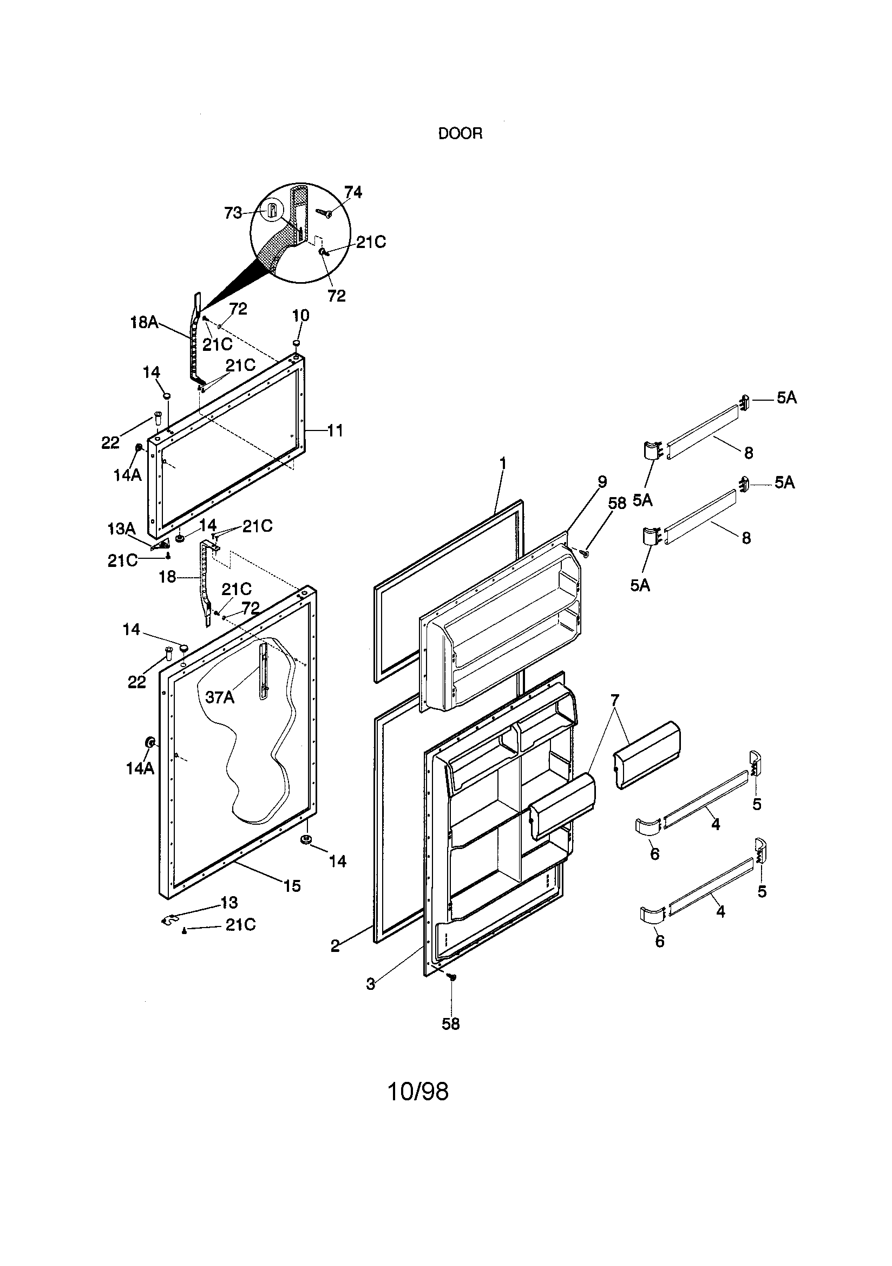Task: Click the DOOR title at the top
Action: coord(460,134)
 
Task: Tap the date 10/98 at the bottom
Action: coord(418,1091)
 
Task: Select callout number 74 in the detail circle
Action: coord(353,192)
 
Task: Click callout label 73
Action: coord(233,213)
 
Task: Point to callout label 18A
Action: coord(144,322)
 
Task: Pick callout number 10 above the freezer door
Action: coord(300,315)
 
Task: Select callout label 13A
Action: coord(121,529)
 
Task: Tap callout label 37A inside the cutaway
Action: coord(219,697)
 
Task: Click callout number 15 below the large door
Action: coord(292,885)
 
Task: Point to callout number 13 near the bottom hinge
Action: coord(229,903)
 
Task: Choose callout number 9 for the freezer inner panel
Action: coord(602,481)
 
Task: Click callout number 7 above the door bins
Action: coord(615,700)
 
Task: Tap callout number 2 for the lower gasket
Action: coord(335,946)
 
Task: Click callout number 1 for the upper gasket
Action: coord(502,462)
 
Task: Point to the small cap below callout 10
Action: coord(297,343)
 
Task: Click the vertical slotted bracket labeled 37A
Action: coord(264,670)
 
